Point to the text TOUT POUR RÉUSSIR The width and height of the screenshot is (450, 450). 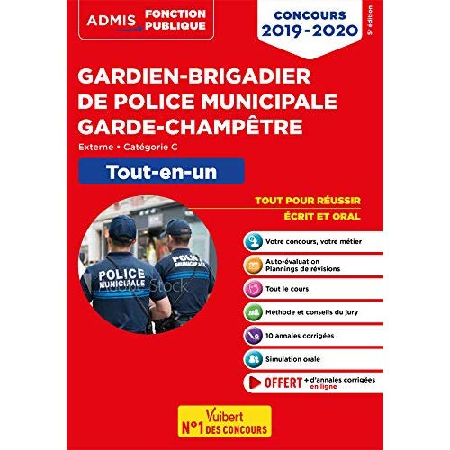[300, 202]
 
